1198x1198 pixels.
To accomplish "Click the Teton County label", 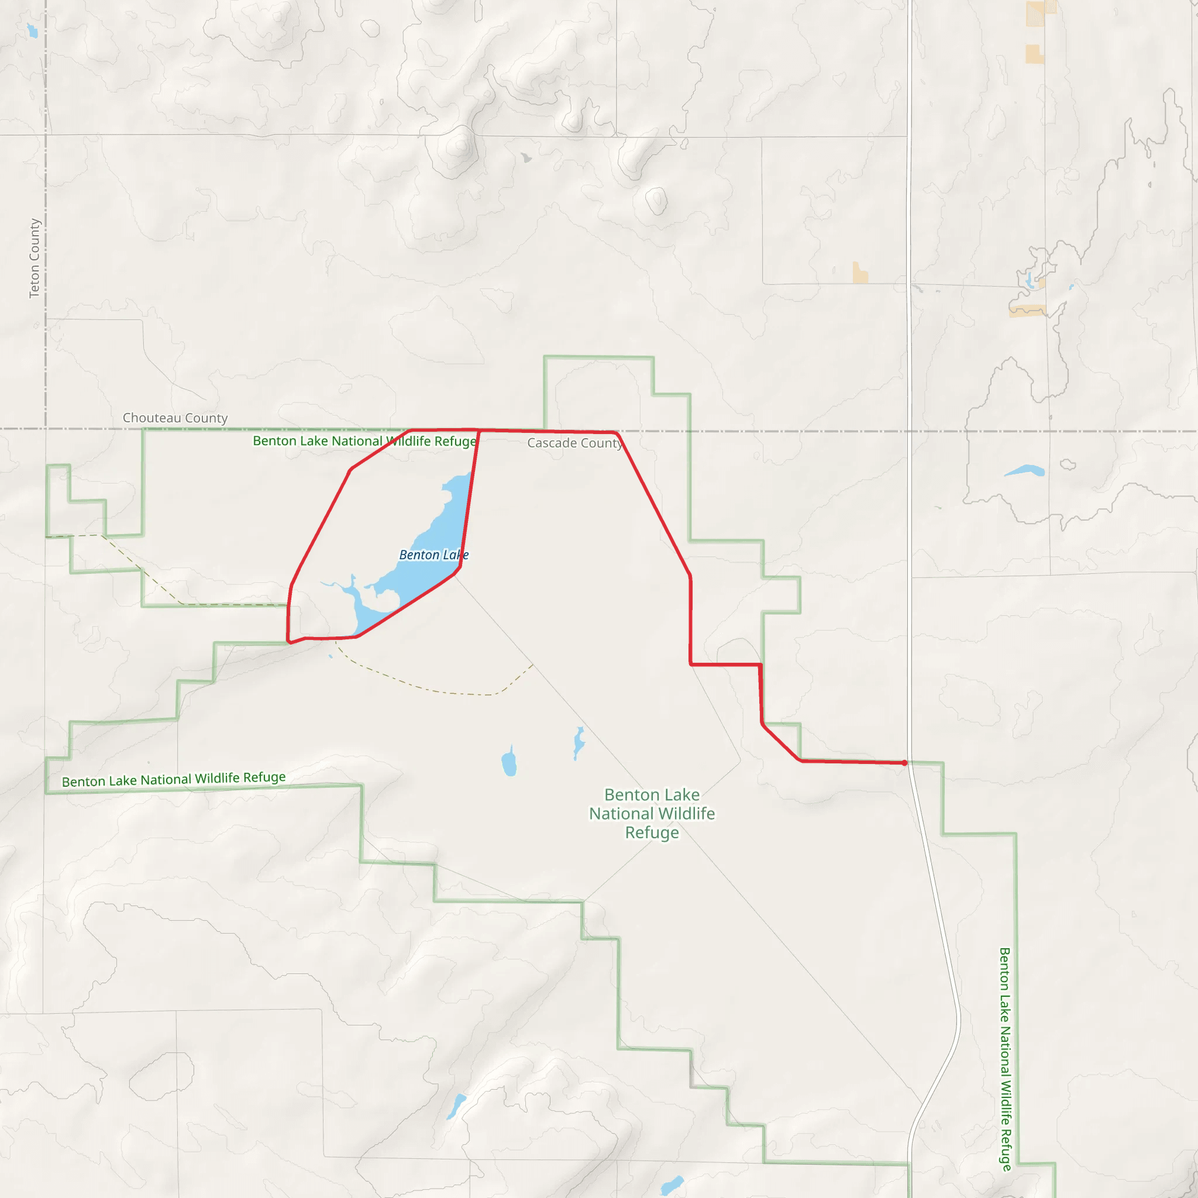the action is point(35,258).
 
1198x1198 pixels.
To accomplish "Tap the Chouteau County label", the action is point(175,418).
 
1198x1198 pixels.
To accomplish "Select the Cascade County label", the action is point(575,443).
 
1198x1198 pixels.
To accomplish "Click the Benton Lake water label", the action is point(433,555).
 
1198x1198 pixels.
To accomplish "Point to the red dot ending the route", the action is point(905,763).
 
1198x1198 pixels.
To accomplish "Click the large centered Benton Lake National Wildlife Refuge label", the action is point(652,813).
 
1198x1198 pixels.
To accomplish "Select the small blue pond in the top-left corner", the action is point(32,31).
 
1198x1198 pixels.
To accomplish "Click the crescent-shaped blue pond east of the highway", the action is point(1024,471).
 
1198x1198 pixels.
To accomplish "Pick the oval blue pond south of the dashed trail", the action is point(509,762).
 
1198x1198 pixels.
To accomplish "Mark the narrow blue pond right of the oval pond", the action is point(579,742).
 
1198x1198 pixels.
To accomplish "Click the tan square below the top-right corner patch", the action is point(1034,54).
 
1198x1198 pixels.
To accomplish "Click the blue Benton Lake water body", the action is point(434,533).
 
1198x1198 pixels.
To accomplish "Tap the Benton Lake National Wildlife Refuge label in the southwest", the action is point(174,779).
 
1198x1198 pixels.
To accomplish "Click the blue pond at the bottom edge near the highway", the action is point(672,1185).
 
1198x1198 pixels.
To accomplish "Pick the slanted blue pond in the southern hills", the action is point(456,1106).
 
